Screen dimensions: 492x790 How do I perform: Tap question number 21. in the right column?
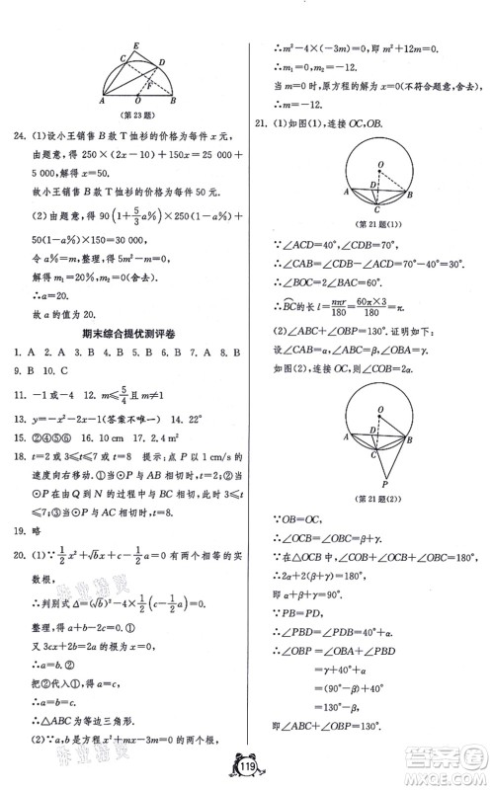click(x=262, y=123)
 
